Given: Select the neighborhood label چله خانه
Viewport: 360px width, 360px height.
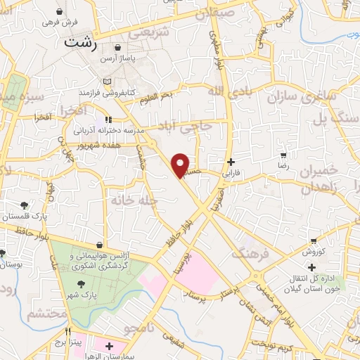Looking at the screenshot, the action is pyautogui.click(x=131, y=200).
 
